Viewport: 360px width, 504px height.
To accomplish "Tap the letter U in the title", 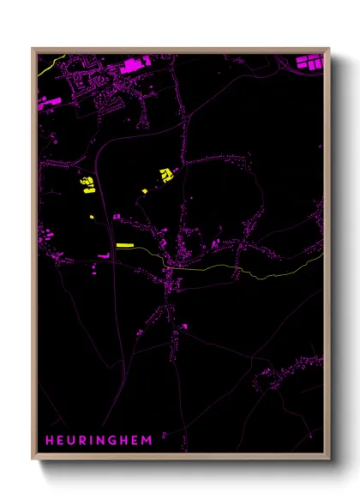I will pyautogui.click(x=75, y=440).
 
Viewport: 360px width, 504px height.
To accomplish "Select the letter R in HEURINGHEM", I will pyautogui.click(x=87, y=440).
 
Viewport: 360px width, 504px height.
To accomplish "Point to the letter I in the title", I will pyautogui.click(x=96, y=440).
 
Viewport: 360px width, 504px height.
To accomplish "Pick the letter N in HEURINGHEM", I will pyautogui.click(x=105, y=440).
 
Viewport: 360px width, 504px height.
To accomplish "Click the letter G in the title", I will pyautogui.click(x=118, y=440).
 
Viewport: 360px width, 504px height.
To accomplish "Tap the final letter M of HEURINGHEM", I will pyautogui.click(x=153, y=440).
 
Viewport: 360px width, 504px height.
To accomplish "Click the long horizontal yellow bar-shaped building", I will pyautogui.click(x=124, y=245).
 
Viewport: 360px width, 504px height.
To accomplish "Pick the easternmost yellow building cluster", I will pyautogui.click(x=165, y=175).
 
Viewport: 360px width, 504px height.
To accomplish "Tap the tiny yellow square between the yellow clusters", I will pyautogui.click(x=144, y=190).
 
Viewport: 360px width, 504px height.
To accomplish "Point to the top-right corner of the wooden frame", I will pyautogui.click(x=328, y=48).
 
